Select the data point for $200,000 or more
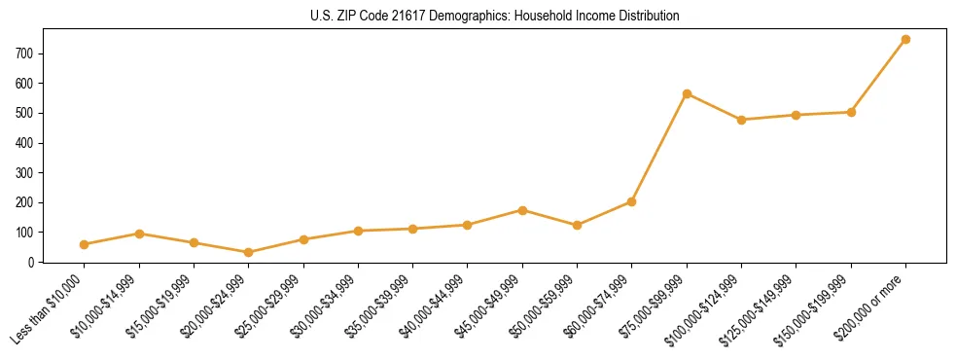coord(905,39)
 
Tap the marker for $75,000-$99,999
coord(687,93)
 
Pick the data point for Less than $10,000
coord(85,244)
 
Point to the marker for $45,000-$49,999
coord(522,210)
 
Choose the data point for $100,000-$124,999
coord(741,120)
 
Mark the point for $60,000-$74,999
coord(632,201)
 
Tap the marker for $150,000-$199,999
coord(851,112)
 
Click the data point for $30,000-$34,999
coord(358,231)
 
